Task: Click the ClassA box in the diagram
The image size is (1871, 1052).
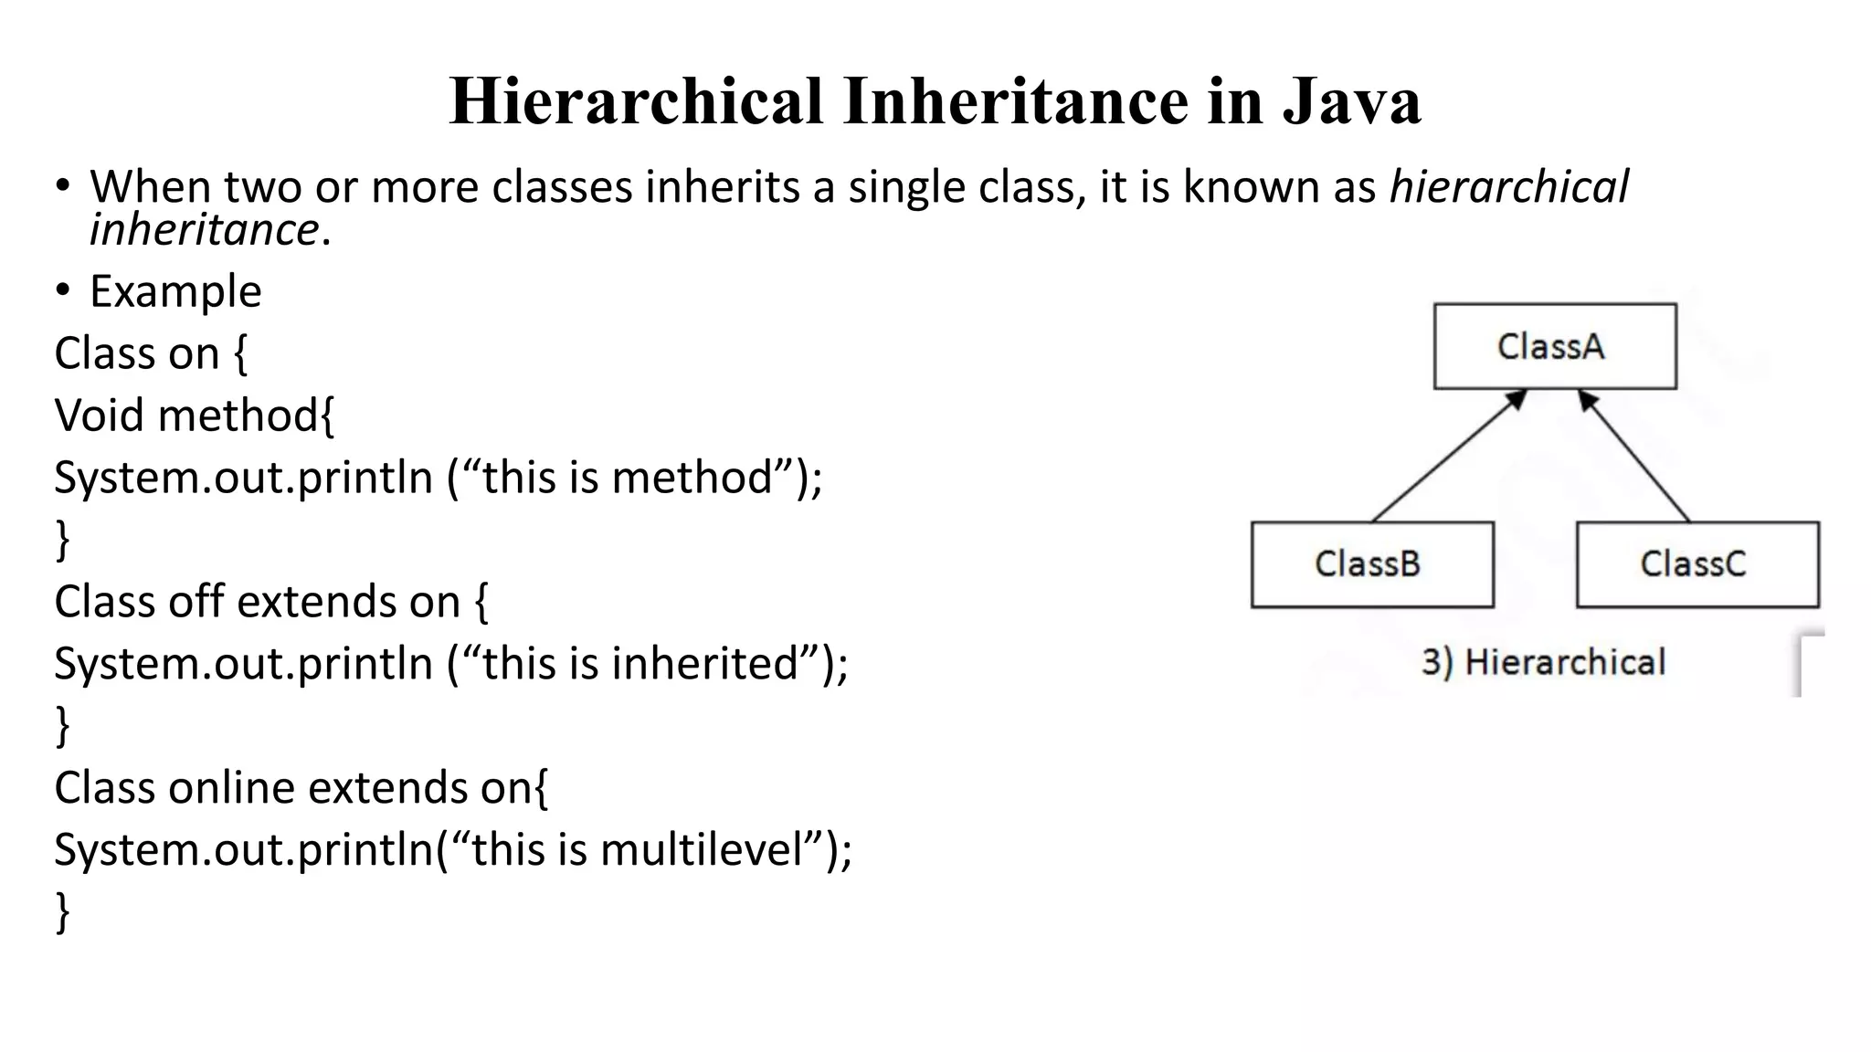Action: [1555, 346]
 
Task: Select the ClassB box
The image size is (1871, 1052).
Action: [1371, 564]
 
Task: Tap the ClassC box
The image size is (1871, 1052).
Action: [1697, 564]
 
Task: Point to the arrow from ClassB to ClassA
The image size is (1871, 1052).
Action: [1449, 456]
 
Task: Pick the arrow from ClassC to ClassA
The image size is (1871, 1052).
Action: [1634, 456]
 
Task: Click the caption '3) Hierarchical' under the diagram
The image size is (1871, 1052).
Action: [1543, 662]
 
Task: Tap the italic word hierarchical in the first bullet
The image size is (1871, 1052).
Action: [1508, 187]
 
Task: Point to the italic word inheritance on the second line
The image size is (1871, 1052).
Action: [204, 229]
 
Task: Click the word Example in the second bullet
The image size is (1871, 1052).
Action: [175, 291]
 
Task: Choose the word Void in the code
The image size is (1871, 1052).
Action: [100, 416]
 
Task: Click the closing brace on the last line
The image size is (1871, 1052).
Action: [62, 911]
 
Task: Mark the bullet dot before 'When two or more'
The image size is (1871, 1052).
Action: [62, 186]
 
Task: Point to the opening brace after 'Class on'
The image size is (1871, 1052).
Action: [240, 354]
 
